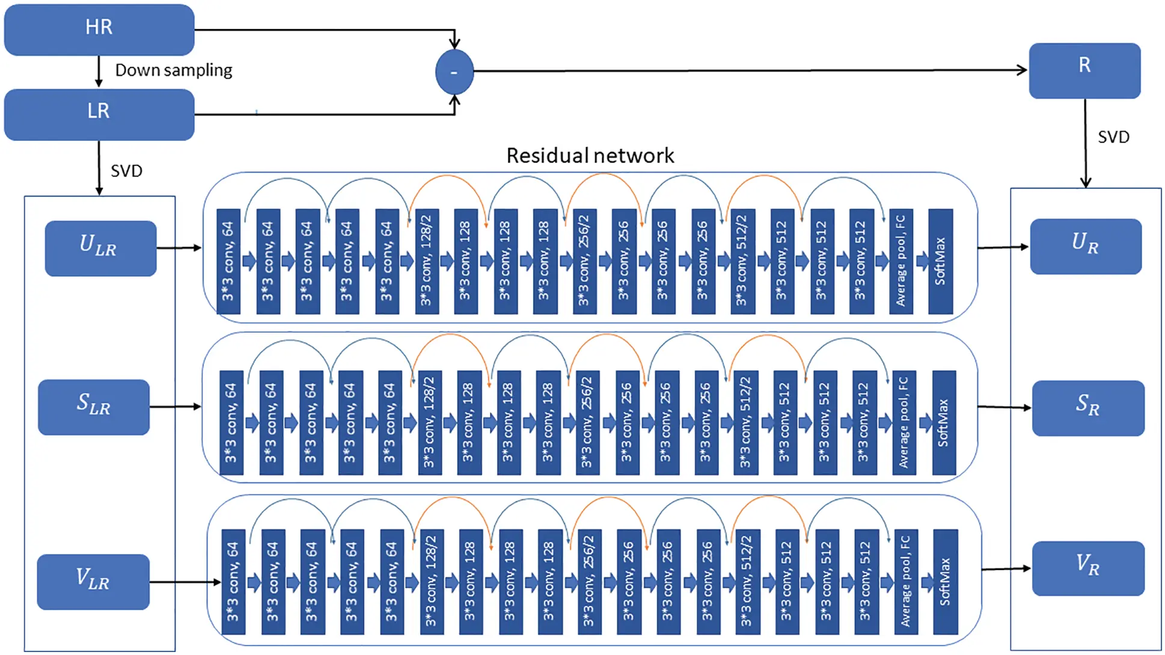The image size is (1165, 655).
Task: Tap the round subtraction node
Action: (454, 72)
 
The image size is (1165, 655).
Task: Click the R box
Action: (1084, 70)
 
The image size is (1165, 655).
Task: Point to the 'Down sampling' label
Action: (173, 70)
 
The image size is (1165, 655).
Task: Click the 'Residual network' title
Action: (590, 156)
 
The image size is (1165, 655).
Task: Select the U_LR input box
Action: (100, 248)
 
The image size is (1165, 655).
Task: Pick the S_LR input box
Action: (94, 407)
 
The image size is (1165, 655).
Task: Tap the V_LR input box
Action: (93, 582)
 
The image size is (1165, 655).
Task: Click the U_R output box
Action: (1086, 246)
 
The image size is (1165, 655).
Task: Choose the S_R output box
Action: (1088, 408)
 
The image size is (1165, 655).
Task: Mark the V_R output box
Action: (1088, 568)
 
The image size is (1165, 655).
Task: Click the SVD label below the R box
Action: (1113, 137)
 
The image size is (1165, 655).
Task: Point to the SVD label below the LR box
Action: (126, 171)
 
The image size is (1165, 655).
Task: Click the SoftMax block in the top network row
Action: (940, 261)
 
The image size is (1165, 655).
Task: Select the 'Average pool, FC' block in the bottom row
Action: (905, 582)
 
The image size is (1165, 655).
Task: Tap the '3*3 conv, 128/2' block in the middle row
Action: (429, 422)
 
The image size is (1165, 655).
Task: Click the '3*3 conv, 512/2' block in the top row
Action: (742, 261)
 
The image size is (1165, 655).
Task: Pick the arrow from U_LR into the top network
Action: (179, 248)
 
